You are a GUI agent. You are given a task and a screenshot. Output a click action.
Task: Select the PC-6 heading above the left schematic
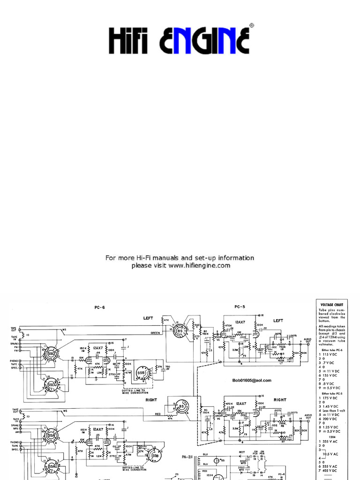point(99,307)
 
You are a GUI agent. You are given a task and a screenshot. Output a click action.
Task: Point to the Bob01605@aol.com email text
point(251,380)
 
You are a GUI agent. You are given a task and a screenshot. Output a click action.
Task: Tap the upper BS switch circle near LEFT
point(180,330)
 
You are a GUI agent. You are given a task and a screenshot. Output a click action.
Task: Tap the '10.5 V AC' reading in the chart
point(331,454)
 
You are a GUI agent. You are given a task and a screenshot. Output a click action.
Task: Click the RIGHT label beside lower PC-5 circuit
point(280,400)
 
